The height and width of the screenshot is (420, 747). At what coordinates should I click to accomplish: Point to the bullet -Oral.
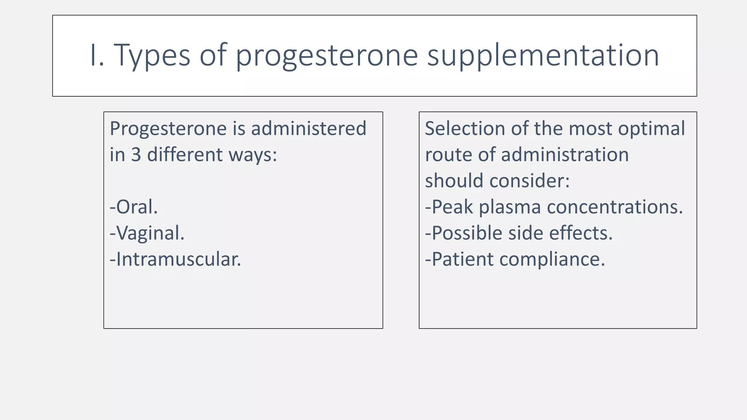pos(134,207)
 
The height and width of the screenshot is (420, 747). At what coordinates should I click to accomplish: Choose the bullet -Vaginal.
pos(147,233)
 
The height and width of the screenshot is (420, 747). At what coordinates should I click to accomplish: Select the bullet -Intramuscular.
pos(175,259)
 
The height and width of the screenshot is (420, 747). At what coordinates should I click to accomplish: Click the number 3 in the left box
pos(136,155)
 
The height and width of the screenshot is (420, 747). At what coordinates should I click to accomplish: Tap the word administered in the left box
pos(309,128)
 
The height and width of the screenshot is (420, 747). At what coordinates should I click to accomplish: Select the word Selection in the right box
pos(465,128)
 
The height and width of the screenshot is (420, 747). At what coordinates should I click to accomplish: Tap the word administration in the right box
pos(565,155)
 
